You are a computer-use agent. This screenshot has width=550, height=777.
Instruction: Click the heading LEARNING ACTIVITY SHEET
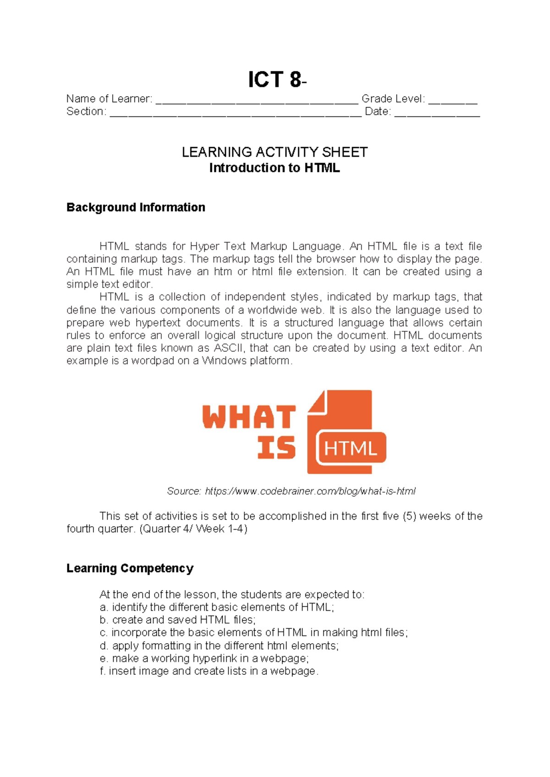pos(275,152)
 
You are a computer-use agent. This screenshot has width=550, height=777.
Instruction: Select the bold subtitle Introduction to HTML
pos(275,168)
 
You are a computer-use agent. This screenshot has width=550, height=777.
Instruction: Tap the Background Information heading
pos(136,208)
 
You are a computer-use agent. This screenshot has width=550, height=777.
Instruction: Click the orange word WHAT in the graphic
pos(249,417)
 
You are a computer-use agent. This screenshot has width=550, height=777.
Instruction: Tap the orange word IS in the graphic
pos(276,448)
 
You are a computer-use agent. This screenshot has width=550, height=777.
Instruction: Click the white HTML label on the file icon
pos(351,449)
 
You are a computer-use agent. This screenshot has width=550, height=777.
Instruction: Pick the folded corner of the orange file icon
pos(317,402)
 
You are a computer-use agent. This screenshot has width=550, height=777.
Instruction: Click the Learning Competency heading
pos(130,569)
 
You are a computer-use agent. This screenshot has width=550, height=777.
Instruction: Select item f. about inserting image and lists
pos(209,671)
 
